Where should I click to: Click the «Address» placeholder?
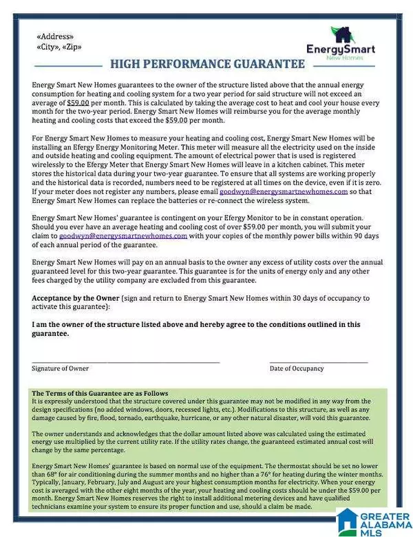(x=55, y=36)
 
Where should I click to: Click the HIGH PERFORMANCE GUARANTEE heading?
(x=207, y=65)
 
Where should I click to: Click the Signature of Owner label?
(x=61, y=368)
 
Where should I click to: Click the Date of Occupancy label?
(x=297, y=368)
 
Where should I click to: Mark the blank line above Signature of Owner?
(x=126, y=362)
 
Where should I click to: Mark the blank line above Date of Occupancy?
(x=318, y=362)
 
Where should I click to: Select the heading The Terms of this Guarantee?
(x=100, y=393)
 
